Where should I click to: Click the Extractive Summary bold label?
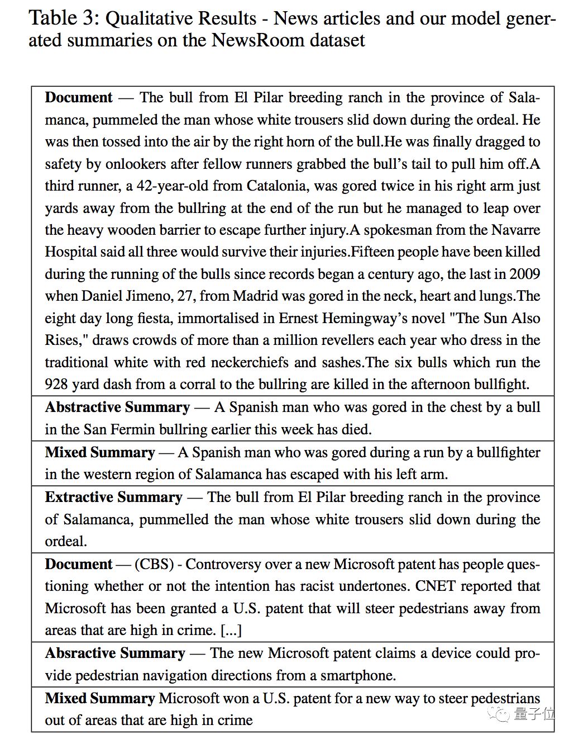coord(113,497)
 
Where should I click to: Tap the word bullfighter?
coord(508,452)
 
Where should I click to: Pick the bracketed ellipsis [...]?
coord(231,631)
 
